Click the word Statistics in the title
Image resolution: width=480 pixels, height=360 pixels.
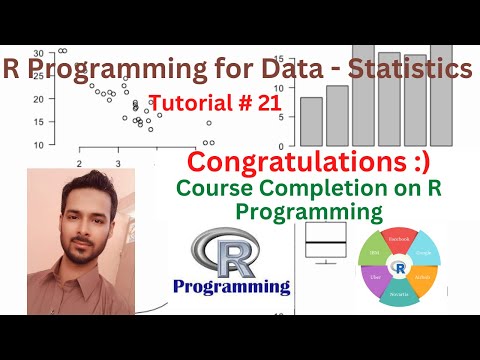[x=406, y=69]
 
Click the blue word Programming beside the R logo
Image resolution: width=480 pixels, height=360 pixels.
[x=231, y=287]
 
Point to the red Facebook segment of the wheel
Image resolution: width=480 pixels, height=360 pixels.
[x=400, y=241]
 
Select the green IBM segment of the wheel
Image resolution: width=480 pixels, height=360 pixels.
[x=372, y=253]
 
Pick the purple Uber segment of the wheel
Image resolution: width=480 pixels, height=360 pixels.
[x=373, y=281]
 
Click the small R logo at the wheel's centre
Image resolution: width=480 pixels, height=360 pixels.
[x=400, y=268]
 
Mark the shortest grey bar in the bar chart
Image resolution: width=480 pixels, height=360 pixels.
[x=311, y=121]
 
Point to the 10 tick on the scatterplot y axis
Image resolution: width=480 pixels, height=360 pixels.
[x=38, y=145]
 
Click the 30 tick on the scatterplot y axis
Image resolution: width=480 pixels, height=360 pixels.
[x=38, y=52]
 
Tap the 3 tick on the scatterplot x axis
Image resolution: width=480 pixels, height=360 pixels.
[x=118, y=162]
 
